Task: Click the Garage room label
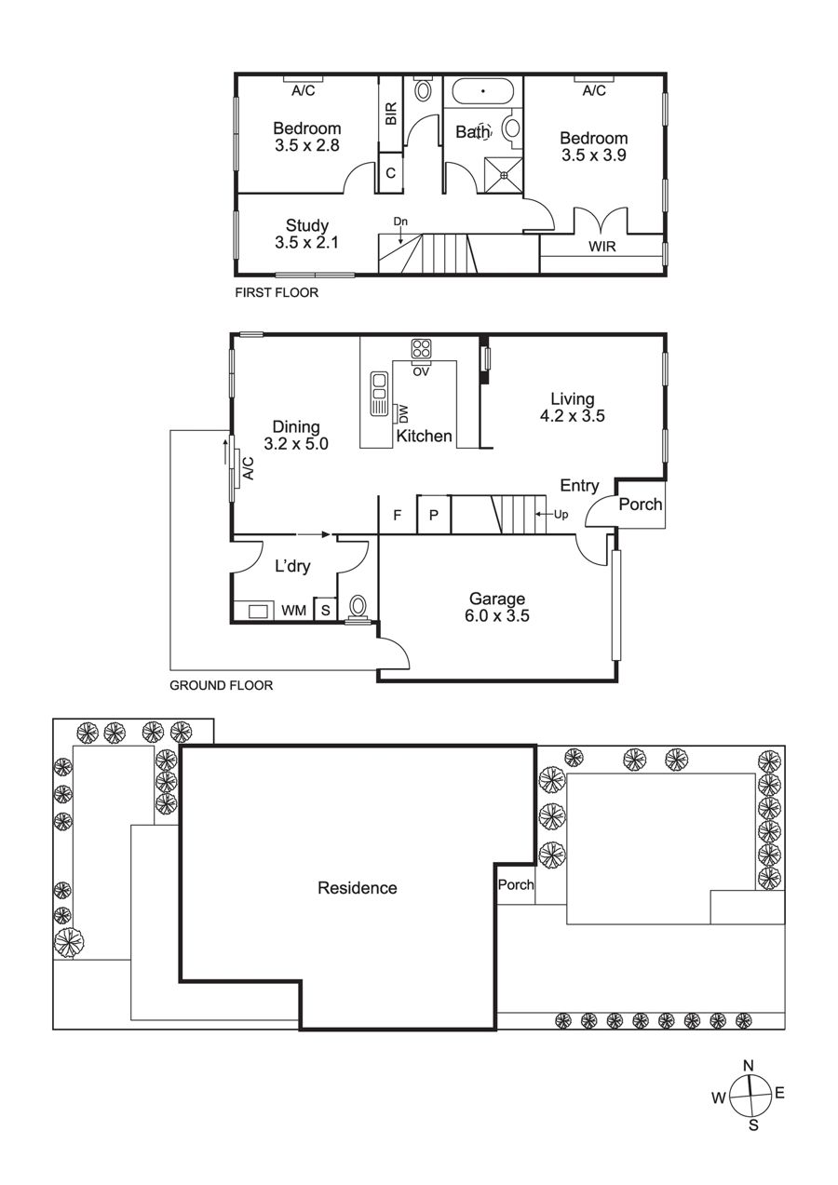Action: click(497, 599)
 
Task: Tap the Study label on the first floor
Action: click(307, 225)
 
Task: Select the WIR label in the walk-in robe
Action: click(602, 246)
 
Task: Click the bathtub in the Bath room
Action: click(482, 91)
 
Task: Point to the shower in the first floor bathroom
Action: click(504, 174)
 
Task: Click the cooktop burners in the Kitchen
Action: click(421, 349)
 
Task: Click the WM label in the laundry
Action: click(293, 611)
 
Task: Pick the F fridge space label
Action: click(398, 515)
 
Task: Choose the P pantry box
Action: click(434, 514)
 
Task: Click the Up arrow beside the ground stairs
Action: click(543, 514)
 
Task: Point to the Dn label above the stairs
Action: click(400, 222)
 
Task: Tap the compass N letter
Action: click(748, 1066)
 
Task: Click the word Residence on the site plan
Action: click(358, 888)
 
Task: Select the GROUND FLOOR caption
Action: click(222, 686)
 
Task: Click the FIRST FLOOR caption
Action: click(277, 292)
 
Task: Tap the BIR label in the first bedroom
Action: click(390, 114)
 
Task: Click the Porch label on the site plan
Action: click(516, 884)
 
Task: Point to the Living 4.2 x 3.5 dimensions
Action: click(572, 416)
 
